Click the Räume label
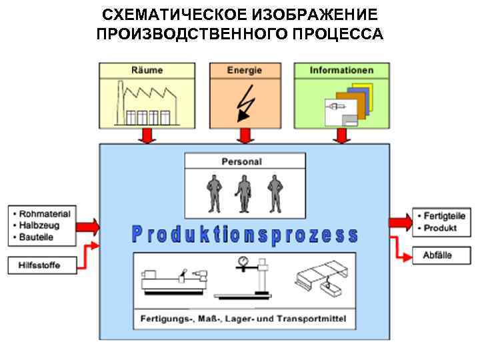pos(147,70)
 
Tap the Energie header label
pos(245,70)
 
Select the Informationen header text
pos(342,70)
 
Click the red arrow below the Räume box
pos(147,135)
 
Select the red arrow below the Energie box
pos(245,135)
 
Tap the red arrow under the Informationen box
pos(342,135)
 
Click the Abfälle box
pos(438,255)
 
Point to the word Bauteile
pos(37,237)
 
